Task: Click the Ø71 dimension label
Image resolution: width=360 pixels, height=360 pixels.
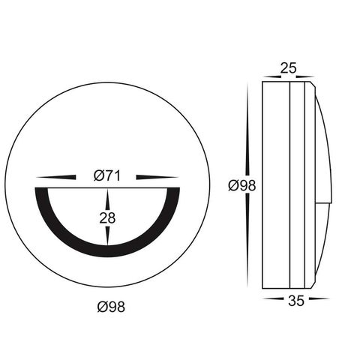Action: [x=107, y=176]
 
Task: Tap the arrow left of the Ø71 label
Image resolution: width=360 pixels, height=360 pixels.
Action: [x=57, y=177]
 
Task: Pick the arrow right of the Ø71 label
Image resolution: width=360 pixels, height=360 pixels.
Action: [x=158, y=177]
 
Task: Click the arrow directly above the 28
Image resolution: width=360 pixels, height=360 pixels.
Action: [x=108, y=199]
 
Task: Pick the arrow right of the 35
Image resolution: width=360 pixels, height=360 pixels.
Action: [x=318, y=298]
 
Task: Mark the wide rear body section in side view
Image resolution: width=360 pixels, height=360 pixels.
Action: [x=275, y=184]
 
